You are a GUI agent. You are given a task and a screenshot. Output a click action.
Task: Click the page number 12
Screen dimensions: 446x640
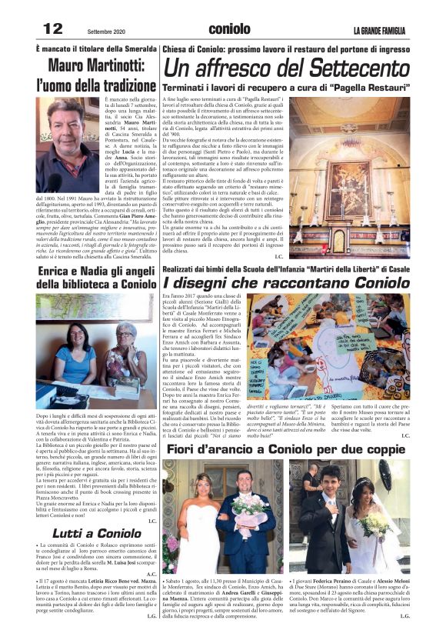[52, 28]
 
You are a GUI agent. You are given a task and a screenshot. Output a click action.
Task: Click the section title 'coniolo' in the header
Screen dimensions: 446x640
[228, 28]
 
